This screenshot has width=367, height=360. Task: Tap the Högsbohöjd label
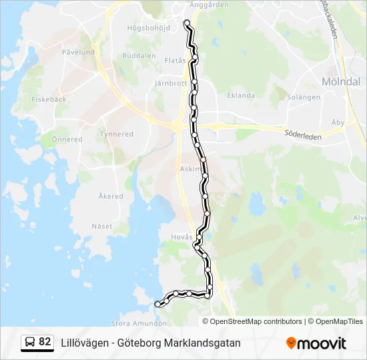coord(149,28)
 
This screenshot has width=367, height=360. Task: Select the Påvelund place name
coord(78,51)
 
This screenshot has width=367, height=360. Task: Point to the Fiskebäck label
coord(49,99)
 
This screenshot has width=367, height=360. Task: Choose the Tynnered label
coord(116,134)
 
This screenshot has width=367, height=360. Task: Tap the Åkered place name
coord(111,196)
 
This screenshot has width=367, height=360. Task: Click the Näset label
coord(102,226)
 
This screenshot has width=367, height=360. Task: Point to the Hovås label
coord(181,237)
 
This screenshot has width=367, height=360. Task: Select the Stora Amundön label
coord(139,323)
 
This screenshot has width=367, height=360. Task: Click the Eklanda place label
coord(241,95)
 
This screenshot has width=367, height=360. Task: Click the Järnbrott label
coord(170,84)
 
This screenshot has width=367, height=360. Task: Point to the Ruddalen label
coord(139,56)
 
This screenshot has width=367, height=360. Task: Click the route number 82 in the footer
coord(45,342)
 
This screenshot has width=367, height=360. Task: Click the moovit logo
coord(316,343)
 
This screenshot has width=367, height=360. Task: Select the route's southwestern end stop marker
coord(157,304)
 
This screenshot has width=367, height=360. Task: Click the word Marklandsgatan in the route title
coord(205,343)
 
